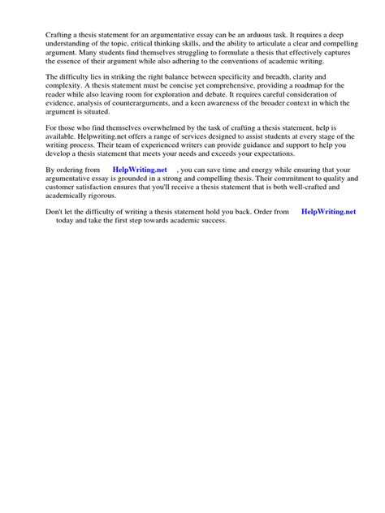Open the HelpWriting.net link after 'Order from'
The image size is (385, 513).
[x=328, y=211]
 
